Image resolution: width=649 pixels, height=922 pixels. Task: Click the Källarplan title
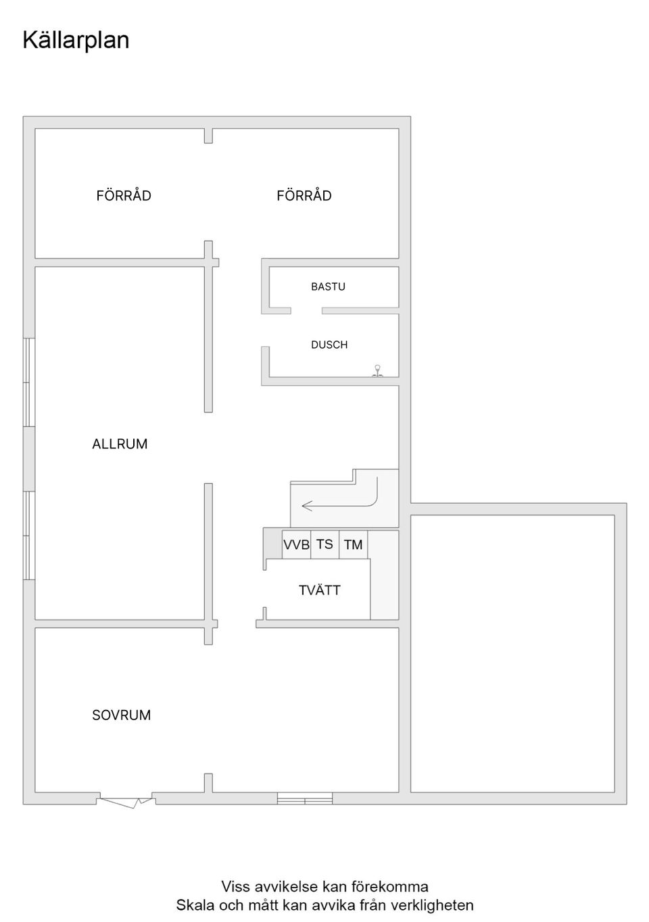coord(76,41)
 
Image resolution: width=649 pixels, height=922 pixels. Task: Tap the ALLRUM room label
coord(120,444)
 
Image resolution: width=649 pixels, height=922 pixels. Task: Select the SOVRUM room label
coord(122,715)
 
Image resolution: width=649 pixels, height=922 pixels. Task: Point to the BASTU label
coord(328,286)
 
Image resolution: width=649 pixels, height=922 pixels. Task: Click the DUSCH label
coord(329,345)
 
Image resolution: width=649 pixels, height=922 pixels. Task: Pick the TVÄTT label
coord(320,590)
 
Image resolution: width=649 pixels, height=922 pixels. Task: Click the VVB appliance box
coord(296,544)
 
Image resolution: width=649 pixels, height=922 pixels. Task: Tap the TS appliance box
coord(324,544)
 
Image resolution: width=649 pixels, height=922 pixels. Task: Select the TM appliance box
coord(353,544)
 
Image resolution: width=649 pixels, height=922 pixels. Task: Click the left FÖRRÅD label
coord(124,195)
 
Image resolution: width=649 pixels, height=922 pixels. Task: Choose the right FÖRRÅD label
coord(304,195)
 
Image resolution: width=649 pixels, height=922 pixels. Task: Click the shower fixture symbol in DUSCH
coord(377,371)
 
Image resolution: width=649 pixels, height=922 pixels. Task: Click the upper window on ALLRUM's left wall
coord(29,382)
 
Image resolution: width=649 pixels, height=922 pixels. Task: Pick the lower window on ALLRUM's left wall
coord(29,536)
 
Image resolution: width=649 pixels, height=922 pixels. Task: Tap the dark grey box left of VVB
coord(273,543)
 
